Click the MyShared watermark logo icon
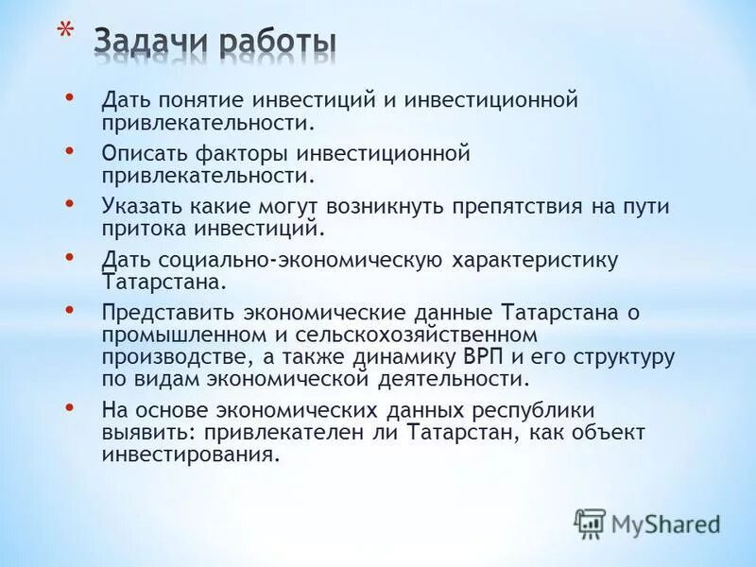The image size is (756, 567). (590, 522)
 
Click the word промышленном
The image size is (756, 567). (180, 335)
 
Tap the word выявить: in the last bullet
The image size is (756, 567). (145, 432)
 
